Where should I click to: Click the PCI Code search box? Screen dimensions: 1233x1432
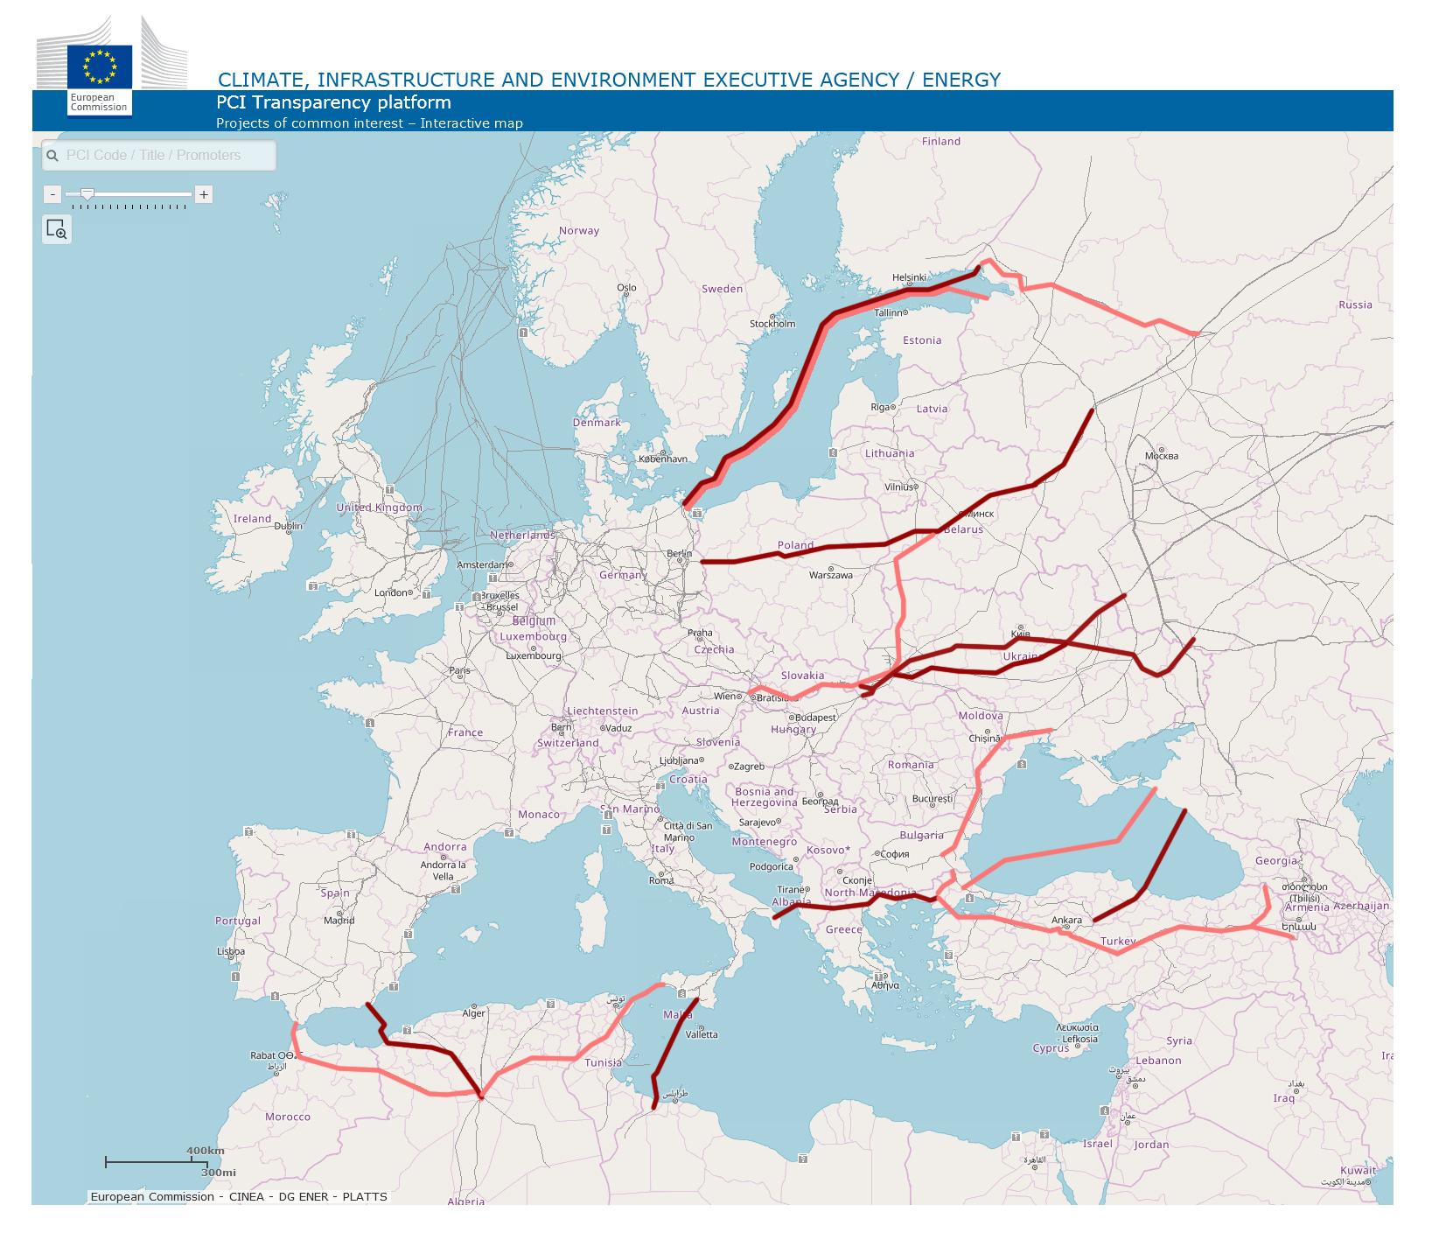(x=159, y=156)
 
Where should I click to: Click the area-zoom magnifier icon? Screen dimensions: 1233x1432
(x=57, y=229)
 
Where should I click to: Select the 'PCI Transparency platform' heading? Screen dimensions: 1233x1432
(x=333, y=103)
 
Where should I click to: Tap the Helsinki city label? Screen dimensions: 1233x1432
(x=909, y=277)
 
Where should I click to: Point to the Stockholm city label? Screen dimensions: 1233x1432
(x=772, y=323)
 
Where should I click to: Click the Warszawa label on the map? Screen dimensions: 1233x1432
(x=830, y=575)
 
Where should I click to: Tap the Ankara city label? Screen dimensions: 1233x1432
(x=1066, y=920)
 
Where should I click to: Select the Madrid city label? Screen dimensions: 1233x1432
(x=339, y=920)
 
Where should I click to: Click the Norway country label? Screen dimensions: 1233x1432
(x=579, y=231)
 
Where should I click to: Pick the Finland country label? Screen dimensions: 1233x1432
(x=940, y=141)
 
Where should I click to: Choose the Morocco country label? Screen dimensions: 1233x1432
(x=288, y=1117)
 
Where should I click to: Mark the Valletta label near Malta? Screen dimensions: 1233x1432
(x=702, y=1033)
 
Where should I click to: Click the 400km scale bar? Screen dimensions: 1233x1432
(x=150, y=1161)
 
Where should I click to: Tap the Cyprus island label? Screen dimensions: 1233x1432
(x=1051, y=1047)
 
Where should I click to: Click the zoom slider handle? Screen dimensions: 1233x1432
(x=87, y=193)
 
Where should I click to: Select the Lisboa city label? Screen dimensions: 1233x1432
(x=230, y=951)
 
